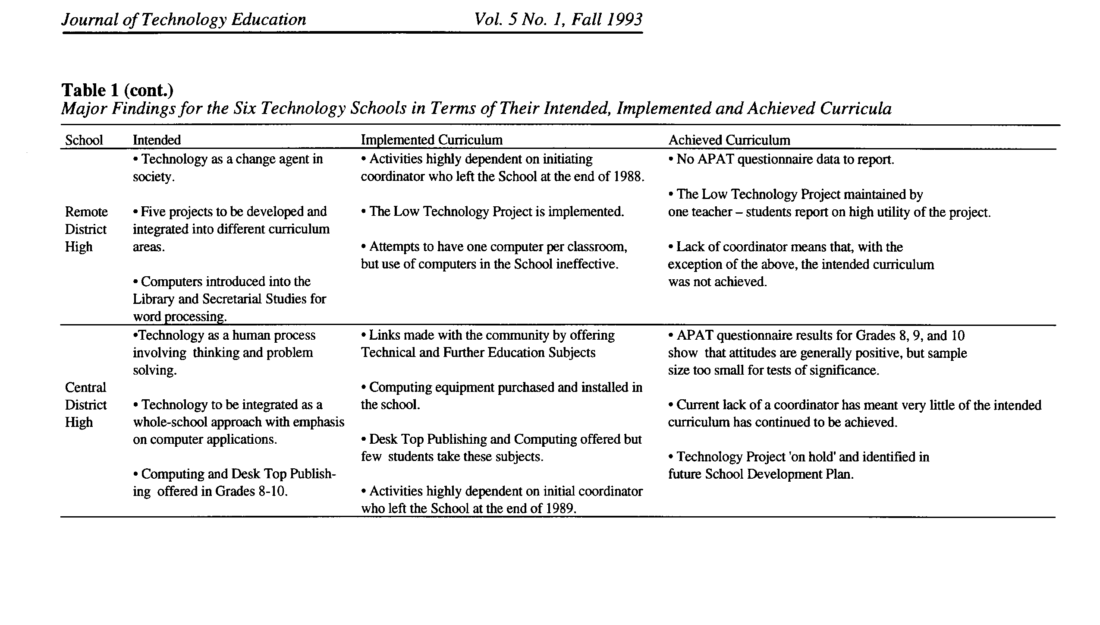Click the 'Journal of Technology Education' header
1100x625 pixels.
click(x=184, y=20)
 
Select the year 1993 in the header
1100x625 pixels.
click(x=624, y=20)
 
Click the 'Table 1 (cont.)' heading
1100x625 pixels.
click(x=117, y=90)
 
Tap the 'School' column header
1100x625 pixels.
click(x=84, y=140)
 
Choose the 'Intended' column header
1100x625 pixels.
click(x=157, y=140)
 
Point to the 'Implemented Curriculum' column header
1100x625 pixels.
click(x=431, y=140)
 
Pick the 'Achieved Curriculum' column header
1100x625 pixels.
click(x=729, y=140)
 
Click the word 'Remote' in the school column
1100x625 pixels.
click(x=86, y=212)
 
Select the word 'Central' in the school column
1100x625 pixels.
click(x=85, y=388)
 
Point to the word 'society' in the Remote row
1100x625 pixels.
click(x=153, y=177)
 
